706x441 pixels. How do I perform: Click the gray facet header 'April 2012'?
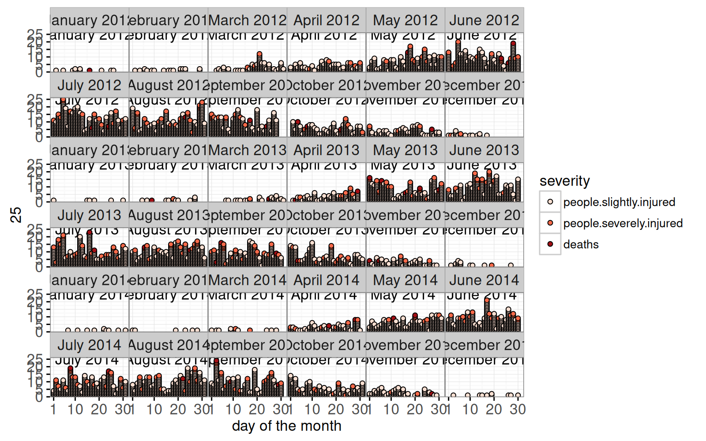click(327, 20)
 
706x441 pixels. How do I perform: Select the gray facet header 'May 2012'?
click(406, 20)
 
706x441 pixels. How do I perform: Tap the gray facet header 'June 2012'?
click(484, 20)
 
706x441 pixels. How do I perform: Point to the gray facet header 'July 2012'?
click(89, 85)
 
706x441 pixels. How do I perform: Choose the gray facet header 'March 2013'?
click(248, 150)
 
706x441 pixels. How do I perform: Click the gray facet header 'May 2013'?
click(406, 150)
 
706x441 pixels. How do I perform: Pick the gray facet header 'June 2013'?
click(484, 150)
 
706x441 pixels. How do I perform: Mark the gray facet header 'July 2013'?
click(89, 215)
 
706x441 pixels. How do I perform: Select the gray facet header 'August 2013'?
click(168, 215)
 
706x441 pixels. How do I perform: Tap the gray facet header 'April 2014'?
click(327, 280)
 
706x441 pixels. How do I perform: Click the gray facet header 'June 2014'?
click(484, 280)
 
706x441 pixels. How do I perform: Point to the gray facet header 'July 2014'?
click(89, 345)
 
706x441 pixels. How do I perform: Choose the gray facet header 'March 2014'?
click(248, 280)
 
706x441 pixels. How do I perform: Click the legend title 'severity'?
click(564, 181)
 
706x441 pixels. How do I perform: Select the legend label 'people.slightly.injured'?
click(619, 202)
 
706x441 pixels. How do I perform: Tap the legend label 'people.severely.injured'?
click(623, 223)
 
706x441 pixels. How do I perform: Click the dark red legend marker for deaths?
click(550, 244)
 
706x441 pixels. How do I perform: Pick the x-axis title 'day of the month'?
click(286, 426)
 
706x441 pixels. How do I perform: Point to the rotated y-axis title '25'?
click(16, 215)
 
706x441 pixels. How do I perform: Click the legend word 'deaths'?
click(581, 244)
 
